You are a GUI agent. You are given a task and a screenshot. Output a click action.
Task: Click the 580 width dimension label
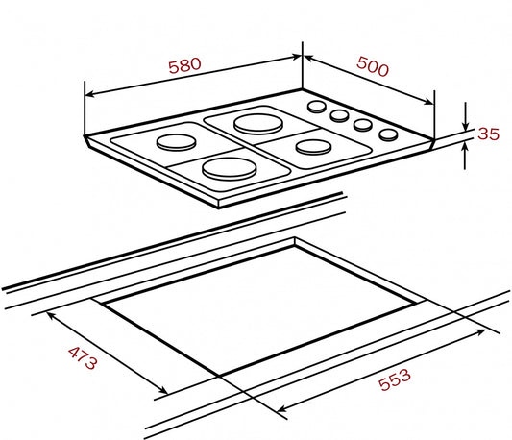click(184, 65)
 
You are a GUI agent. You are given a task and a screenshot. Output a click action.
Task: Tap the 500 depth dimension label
click(373, 66)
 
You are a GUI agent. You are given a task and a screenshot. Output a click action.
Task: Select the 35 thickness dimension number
click(489, 134)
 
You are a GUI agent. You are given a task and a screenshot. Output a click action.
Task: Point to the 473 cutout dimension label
click(83, 358)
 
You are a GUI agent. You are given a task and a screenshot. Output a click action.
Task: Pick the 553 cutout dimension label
click(395, 379)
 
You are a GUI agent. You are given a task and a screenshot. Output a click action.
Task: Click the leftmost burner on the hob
click(177, 142)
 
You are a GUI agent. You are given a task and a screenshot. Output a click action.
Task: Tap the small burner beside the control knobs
click(313, 147)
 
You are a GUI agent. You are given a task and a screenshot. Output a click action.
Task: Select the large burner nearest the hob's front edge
click(229, 168)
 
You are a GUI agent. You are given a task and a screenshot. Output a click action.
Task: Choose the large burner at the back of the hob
click(258, 124)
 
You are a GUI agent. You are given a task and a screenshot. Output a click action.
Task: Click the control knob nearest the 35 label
click(388, 134)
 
